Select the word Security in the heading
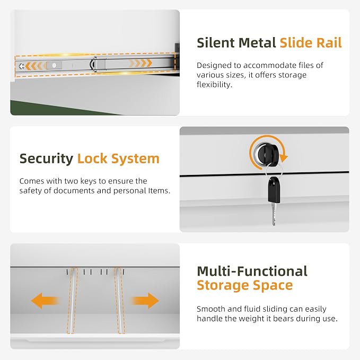[x=46, y=159]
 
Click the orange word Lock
[x=92, y=159]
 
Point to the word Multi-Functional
[x=252, y=271]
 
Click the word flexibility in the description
[x=214, y=85]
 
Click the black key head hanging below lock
[x=274, y=190]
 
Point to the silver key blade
[x=274, y=214]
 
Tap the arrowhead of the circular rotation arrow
[x=284, y=157]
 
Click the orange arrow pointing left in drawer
[x=45, y=301]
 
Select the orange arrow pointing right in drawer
[x=145, y=301]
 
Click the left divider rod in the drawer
[x=73, y=301]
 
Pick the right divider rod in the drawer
[x=119, y=301]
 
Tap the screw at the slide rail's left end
[x=22, y=66]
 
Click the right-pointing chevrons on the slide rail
[x=141, y=63]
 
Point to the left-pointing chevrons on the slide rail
[x=34, y=66]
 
